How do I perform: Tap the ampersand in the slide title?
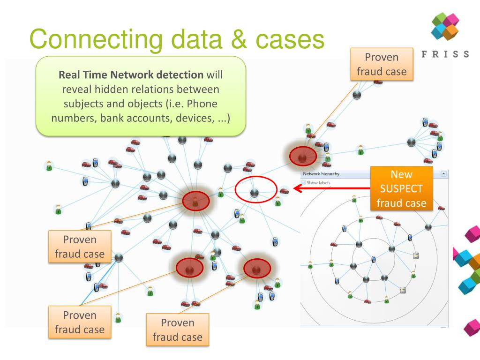pos(238,39)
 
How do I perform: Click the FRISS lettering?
pos(445,54)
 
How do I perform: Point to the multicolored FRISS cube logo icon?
pos(445,26)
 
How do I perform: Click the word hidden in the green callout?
pos(115,89)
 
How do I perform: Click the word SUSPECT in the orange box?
pos(401,189)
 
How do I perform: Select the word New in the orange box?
pos(401,174)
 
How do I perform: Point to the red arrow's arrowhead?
pos(297,189)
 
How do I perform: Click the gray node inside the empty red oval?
pos(255,192)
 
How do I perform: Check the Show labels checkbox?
pos(303,183)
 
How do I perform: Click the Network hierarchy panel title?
pos(321,174)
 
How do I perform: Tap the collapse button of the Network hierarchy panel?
pos(444,174)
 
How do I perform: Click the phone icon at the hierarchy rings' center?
pos(373,259)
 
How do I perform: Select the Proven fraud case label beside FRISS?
pos(382,64)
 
